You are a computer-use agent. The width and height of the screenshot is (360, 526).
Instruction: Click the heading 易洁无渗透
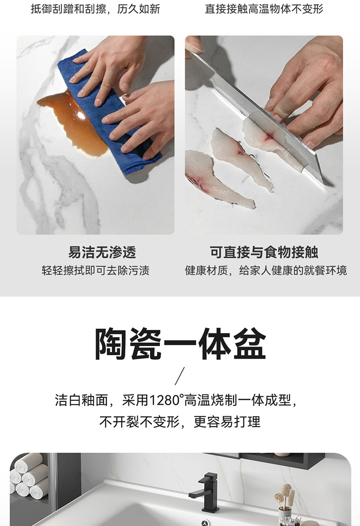[102, 252]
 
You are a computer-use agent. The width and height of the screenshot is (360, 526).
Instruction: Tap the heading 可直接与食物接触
[264, 252]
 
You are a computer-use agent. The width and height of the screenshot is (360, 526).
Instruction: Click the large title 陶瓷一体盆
[180, 344]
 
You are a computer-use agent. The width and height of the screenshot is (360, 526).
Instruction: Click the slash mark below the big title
[180, 376]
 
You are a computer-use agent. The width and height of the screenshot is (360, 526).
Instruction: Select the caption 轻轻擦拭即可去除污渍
[95, 271]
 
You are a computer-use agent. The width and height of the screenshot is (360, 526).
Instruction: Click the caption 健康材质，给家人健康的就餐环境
[266, 271]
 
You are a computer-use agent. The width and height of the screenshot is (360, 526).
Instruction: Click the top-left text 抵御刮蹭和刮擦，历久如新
[95, 9]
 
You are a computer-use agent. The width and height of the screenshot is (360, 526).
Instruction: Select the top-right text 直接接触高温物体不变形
[264, 9]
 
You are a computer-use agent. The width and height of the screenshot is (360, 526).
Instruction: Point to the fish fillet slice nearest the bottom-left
[218, 181]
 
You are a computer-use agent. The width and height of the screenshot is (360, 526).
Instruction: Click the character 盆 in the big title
[250, 344]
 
